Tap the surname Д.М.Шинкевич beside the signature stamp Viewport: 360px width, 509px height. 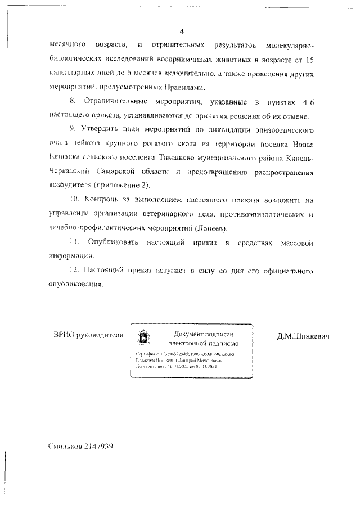point(303,336)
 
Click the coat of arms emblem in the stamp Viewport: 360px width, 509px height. point(144,337)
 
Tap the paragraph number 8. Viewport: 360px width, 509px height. point(71,102)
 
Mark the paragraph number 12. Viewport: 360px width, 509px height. point(74,271)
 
